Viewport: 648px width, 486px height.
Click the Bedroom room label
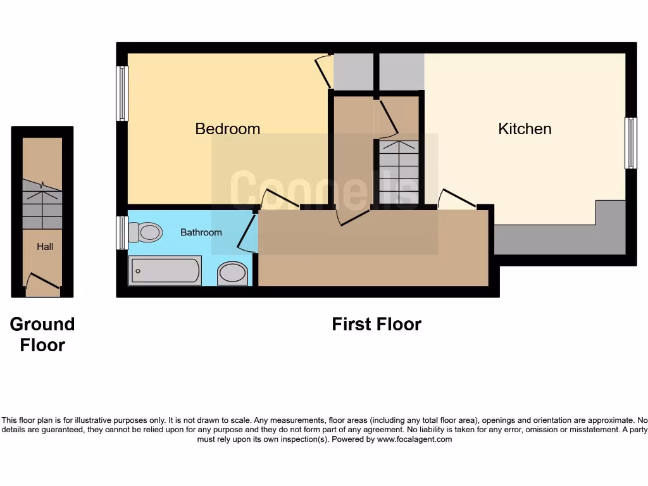coord(227,128)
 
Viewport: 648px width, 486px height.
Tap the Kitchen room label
coord(525,128)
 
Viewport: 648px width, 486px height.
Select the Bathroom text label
coord(201,232)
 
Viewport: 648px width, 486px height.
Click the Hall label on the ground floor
coord(45,247)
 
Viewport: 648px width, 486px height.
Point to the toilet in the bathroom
coord(144,232)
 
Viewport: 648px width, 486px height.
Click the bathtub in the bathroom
coord(165,271)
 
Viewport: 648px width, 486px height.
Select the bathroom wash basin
coord(232,273)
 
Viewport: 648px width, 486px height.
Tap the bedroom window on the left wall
coord(122,93)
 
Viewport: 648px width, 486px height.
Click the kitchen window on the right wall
coord(630,143)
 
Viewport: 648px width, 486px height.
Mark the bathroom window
coord(122,233)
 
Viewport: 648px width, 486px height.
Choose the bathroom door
coord(247,233)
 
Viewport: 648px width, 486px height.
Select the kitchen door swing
coord(458,199)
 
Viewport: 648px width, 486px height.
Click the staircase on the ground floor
coord(42,205)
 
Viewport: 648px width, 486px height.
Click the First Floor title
coord(377,324)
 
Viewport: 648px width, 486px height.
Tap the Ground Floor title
coord(42,334)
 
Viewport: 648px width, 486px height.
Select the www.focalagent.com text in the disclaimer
coord(414,439)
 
